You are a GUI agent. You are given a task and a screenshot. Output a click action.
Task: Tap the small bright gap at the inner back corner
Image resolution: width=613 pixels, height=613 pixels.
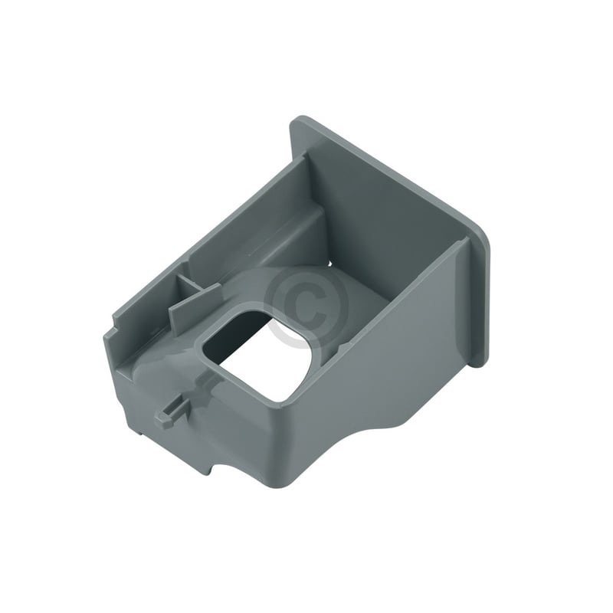(x=330, y=264)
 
